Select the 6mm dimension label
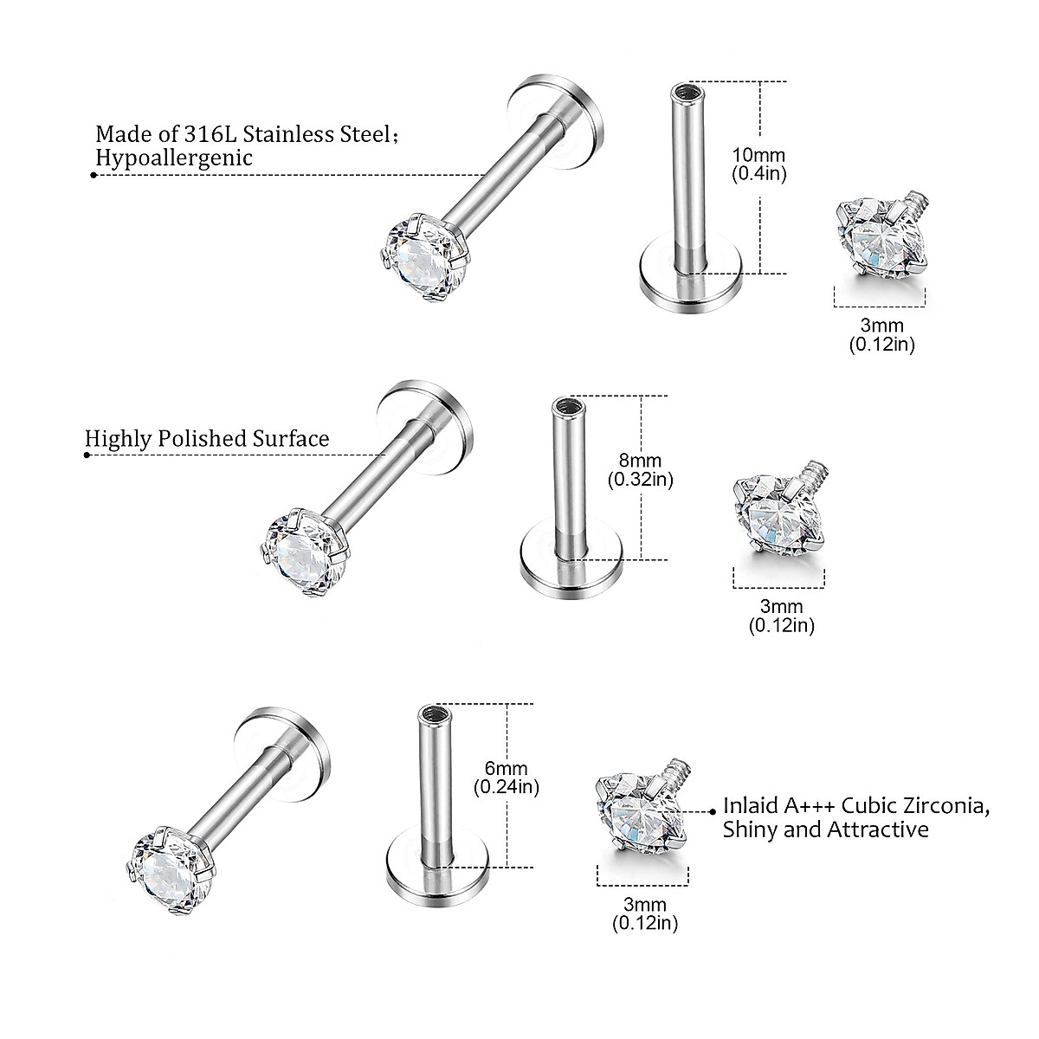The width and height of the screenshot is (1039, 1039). point(507,769)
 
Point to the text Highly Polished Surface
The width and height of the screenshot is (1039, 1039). point(207,438)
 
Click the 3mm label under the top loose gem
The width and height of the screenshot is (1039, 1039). point(881,326)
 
